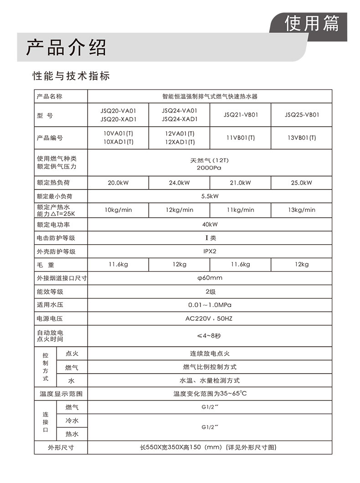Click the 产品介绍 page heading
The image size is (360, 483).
point(66,47)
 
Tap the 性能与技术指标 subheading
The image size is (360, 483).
point(71,76)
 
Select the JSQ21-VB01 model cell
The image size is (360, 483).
point(241,115)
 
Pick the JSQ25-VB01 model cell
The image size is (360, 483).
point(302,115)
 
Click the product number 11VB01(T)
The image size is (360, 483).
point(241,138)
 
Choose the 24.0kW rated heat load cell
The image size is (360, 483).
point(180,183)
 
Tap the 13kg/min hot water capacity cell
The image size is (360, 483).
point(302,210)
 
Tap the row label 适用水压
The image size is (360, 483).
point(50,305)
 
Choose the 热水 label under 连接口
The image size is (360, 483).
point(72,434)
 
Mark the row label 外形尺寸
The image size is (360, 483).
point(61,447)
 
